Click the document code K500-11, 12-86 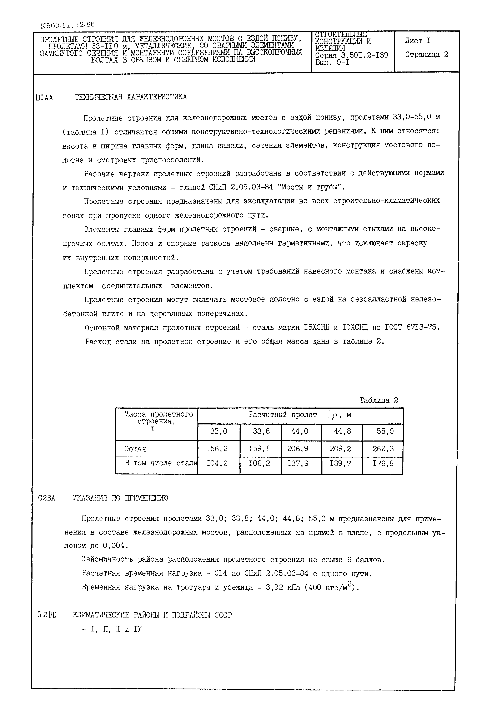(x=67, y=25)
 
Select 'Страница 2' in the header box (x=426, y=55)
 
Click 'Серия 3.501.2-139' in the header (x=351, y=55)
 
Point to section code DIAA (x=44, y=98)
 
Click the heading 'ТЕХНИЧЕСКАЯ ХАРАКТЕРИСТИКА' (x=130, y=97)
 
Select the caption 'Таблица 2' (x=378, y=400)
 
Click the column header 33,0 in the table (x=219, y=431)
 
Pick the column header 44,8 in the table (x=342, y=431)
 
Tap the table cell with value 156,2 (x=217, y=449)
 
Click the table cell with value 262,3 (x=383, y=449)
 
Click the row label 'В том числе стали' (x=160, y=463)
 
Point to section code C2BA (x=46, y=498)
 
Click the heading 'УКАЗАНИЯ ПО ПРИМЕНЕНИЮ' (x=120, y=498)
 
